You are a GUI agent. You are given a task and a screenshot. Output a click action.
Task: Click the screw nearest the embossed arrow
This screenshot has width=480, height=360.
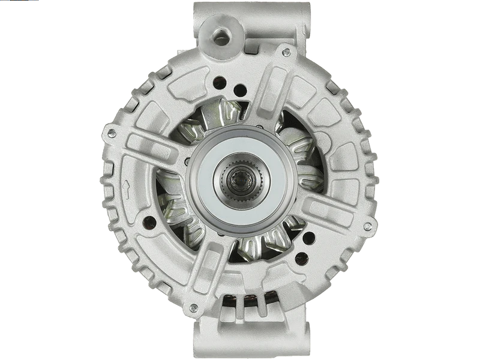pyautogui.click(x=110, y=134)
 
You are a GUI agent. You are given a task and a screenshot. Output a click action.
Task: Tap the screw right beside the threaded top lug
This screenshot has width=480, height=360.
pyautogui.click(x=286, y=53)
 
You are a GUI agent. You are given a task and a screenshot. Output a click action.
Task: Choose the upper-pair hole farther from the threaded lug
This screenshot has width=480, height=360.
pyautogui.click(x=239, y=91)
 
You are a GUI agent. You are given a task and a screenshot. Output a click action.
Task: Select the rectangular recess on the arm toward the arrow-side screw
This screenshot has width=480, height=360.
pyautogui.click(x=148, y=145)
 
